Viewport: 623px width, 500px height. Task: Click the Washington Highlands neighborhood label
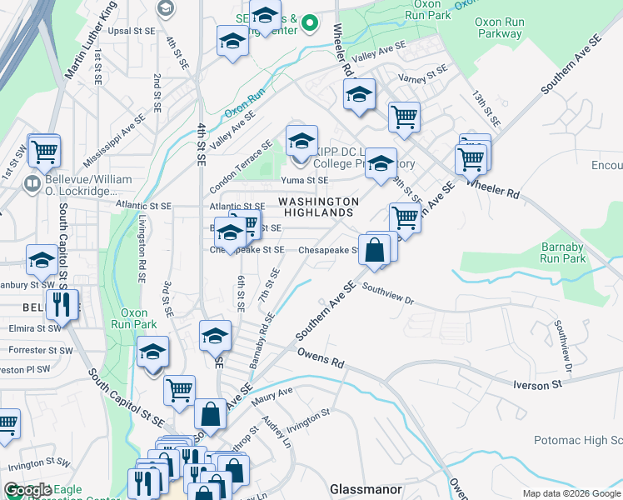tap(318, 207)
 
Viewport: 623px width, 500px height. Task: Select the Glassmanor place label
tap(366, 489)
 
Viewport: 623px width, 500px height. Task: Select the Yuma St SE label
tap(304, 179)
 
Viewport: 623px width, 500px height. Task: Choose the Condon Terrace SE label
tap(241, 164)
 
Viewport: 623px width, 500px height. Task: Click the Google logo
tap(28, 491)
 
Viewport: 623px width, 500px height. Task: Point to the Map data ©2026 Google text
tap(571, 493)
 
